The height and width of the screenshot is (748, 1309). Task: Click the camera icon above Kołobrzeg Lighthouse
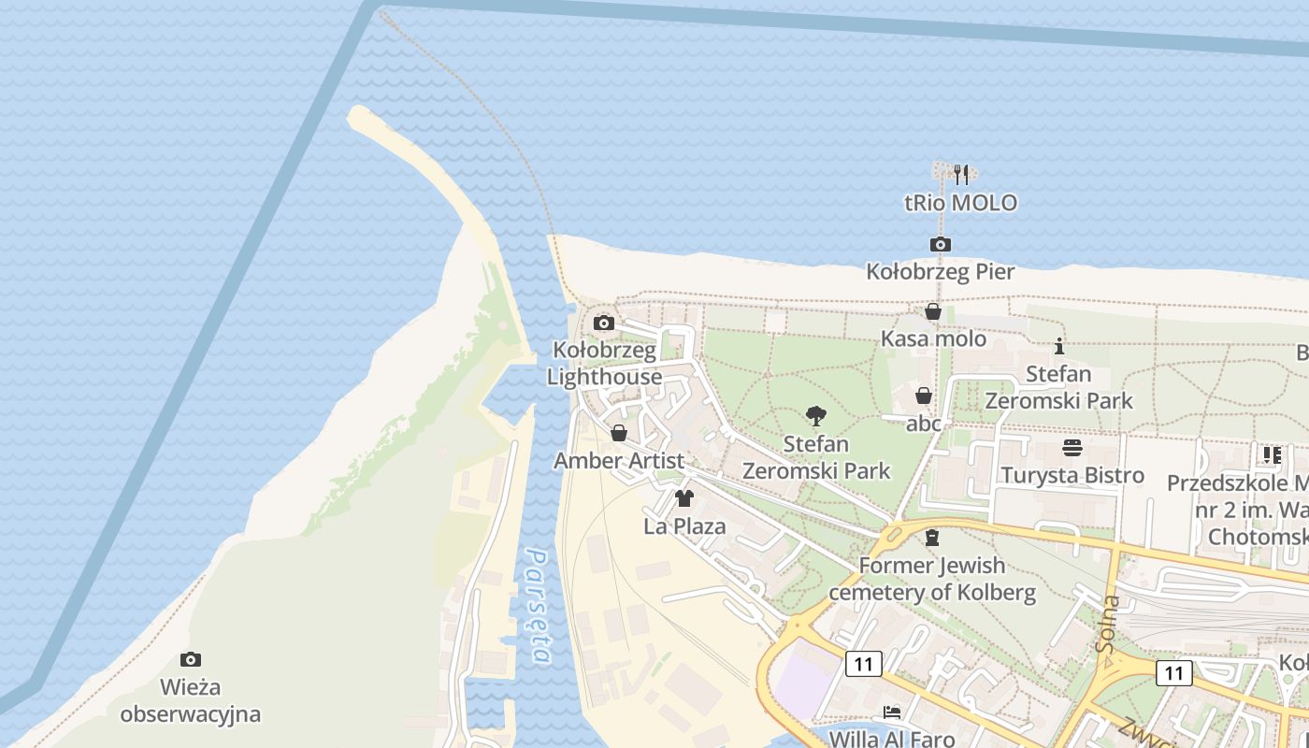tap(604, 324)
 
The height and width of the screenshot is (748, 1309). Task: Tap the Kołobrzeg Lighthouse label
tap(604, 364)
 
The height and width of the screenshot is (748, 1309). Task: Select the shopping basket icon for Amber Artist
tap(618, 434)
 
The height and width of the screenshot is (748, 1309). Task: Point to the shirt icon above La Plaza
tap(684, 498)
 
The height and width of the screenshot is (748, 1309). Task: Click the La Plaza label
tap(684, 526)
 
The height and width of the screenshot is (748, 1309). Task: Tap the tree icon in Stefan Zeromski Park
tap(816, 416)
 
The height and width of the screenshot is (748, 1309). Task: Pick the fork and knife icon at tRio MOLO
tap(960, 175)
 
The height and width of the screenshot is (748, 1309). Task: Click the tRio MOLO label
tap(960, 203)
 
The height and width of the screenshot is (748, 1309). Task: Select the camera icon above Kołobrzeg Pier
tap(941, 245)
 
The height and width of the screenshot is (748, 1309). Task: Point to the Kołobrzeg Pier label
tap(941, 272)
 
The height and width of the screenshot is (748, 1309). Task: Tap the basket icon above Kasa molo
tap(933, 311)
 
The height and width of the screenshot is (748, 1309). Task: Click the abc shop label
tap(924, 424)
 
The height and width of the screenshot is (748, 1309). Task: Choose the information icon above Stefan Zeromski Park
tap(1058, 347)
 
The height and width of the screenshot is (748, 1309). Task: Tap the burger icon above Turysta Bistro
tap(1072, 448)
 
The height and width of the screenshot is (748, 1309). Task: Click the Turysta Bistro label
tap(1072, 475)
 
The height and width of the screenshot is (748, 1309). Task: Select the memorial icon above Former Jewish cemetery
tap(931, 538)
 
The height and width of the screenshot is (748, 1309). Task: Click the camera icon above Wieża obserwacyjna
tap(191, 660)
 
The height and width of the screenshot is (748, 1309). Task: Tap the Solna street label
tap(1109, 623)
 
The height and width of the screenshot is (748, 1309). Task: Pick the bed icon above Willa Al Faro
tap(892, 712)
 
